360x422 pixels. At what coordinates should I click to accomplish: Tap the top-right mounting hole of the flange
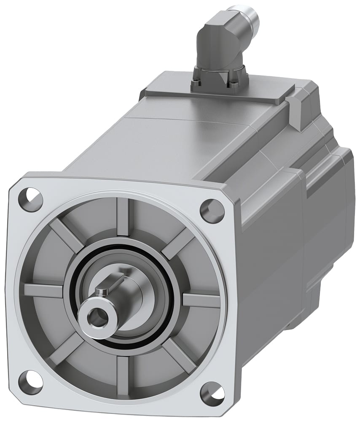pyautogui.click(x=212, y=210)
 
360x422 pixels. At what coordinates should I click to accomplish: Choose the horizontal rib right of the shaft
pyautogui.click(x=201, y=300)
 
